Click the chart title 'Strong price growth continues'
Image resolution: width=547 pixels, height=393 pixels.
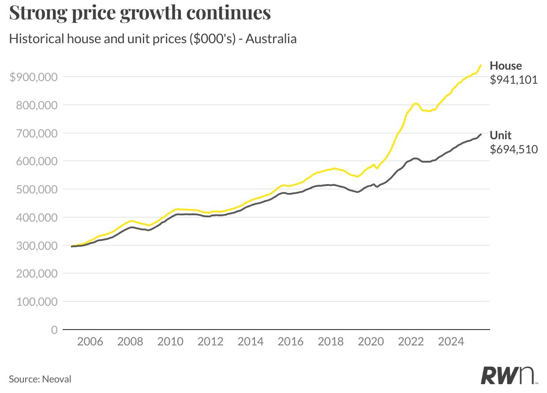tap(140, 13)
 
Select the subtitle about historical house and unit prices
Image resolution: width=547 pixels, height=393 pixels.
tap(153, 39)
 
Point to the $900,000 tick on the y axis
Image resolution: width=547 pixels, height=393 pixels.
tap(34, 77)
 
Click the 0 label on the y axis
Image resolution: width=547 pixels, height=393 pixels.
tap(54, 330)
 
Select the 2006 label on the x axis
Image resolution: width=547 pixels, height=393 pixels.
tap(90, 341)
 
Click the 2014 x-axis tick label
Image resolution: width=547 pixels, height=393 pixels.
tap(251, 341)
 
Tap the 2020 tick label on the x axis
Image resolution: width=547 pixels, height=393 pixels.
tap(371, 341)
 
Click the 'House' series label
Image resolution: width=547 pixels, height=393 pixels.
tap(506, 66)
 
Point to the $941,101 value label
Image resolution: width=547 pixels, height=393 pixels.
tap(514, 80)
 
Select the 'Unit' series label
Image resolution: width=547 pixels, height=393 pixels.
tap(501, 135)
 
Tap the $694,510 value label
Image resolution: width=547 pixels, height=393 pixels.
tap(514, 149)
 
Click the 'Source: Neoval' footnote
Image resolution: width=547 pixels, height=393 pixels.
tap(40, 379)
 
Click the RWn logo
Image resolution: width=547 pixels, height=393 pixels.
tap(508, 375)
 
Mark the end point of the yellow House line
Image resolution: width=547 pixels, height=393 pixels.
tap(481, 65)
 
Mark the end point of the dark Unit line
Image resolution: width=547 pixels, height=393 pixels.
tap(481, 134)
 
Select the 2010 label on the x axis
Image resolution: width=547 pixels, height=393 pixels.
tap(170, 341)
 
